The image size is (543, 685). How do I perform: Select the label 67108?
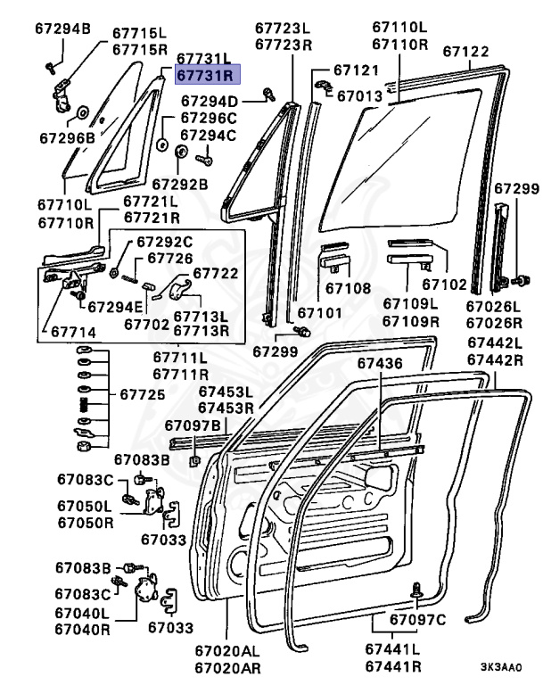pos(347,288)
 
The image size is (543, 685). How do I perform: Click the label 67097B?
pos(193,425)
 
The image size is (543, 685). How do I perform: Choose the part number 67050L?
pos(85,506)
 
